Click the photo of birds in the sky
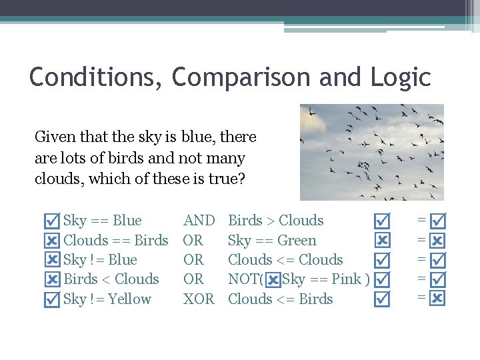tap(371, 152)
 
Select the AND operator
tap(199, 221)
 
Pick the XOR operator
tap(199, 299)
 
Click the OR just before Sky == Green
tap(193, 241)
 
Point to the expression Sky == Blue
tap(102, 221)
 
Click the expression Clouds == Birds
tap(115, 241)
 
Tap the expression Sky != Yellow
tap(107, 299)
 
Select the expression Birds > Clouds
tap(275, 221)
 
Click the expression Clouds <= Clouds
tap(285, 260)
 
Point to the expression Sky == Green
tap(272, 241)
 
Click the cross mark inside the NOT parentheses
tap(273, 280)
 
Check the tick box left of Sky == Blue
tap(51, 221)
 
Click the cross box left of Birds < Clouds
tap(51, 280)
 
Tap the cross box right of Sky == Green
tap(382, 240)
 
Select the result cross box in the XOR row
tap(438, 299)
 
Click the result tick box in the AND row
tap(438, 220)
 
